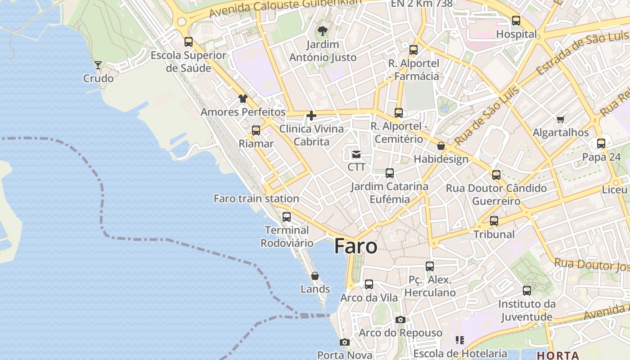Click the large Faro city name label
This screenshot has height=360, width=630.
click(x=355, y=246)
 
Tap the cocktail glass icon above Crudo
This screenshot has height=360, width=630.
click(x=98, y=65)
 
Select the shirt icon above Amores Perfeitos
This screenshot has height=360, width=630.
click(x=243, y=99)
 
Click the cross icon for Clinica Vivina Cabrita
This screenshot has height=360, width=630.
click(x=311, y=116)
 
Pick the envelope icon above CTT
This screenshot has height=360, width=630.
click(x=356, y=154)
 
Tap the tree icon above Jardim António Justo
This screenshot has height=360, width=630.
click(x=322, y=31)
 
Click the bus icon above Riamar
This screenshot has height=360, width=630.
click(x=256, y=130)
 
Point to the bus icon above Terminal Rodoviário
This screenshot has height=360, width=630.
click(x=287, y=217)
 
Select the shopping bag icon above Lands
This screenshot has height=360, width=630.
click(x=315, y=276)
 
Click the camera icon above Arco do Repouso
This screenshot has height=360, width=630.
click(x=400, y=319)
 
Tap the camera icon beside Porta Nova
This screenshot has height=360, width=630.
click(x=345, y=342)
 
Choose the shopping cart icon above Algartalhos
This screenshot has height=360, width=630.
click(x=560, y=119)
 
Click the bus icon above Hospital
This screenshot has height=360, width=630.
click(x=516, y=21)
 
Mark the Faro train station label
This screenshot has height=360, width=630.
click(x=256, y=198)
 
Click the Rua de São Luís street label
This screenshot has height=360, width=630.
click(x=486, y=116)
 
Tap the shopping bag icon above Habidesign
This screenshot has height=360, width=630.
click(x=441, y=146)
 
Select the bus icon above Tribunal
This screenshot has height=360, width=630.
click(x=494, y=221)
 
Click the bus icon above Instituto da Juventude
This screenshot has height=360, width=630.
click(x=527, y=291)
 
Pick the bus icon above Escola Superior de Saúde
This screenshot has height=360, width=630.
click(x=189, y=42)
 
